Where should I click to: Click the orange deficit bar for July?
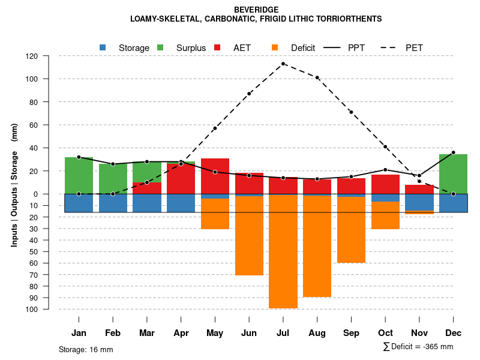tap(283, 252)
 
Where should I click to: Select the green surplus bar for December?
tap(453, 174)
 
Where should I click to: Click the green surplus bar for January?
tap(79, 176)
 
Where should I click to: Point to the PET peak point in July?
tap(283, 64)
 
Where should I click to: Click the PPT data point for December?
tap(453, 152)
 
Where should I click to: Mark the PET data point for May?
tap(215, 128)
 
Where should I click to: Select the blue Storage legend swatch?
tap(103, 47)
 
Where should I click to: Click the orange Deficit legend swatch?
tap(275, 47)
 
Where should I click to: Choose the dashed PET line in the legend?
tap(392, 47)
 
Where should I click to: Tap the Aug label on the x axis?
tap(317, 333)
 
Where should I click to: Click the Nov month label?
tap(419, 333)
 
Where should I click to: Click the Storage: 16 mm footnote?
tap(86, 349)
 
